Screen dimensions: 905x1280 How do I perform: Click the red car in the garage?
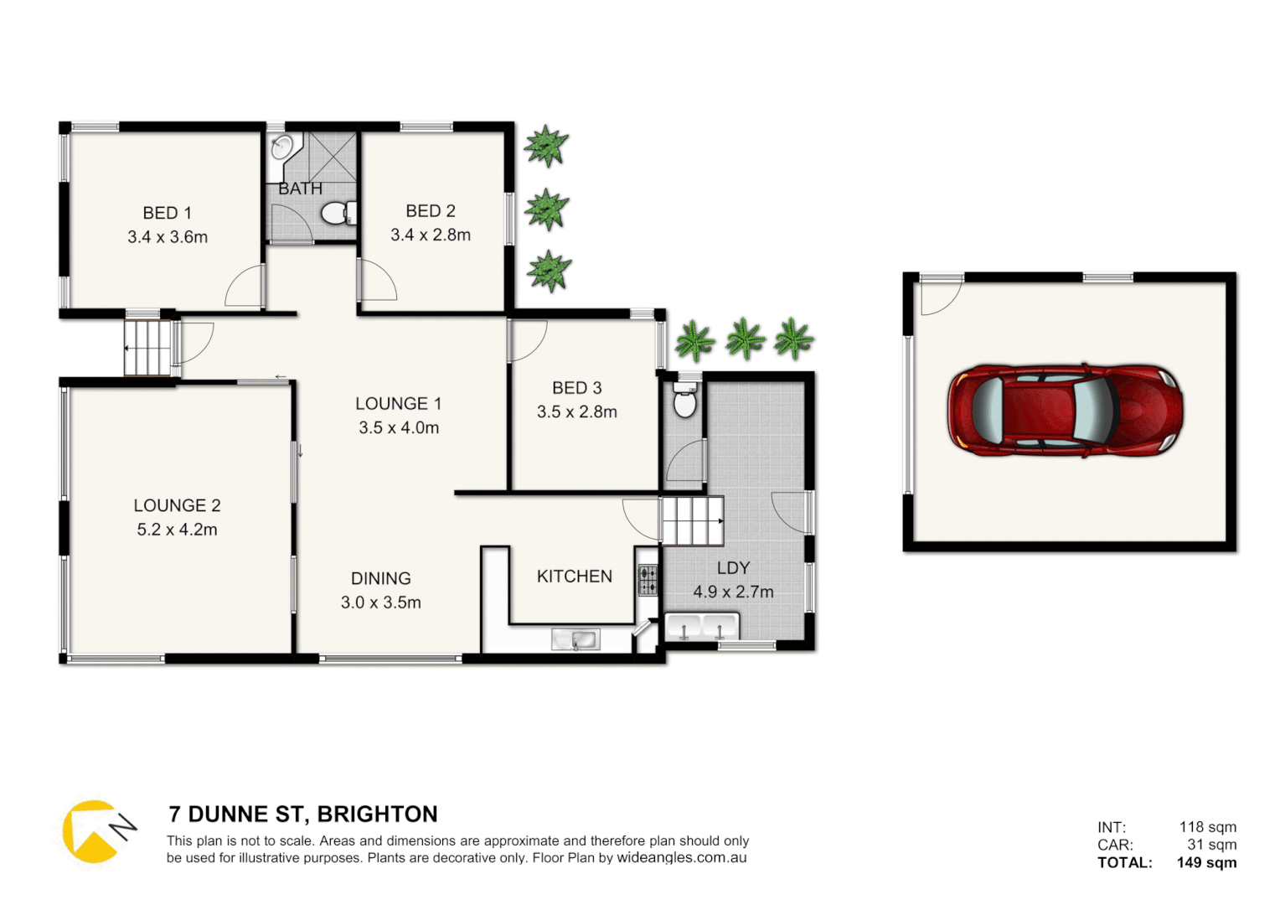point(1066,411)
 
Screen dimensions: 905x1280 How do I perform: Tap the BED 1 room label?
point(167,213)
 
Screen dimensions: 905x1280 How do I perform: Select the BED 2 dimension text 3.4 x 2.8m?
point(431,235)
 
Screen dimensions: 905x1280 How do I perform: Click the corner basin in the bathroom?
point(282,148)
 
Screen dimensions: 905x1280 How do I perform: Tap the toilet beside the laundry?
point(685,401)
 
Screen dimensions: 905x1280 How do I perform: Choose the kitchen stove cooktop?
point(648,580)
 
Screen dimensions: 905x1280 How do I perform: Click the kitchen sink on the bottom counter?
point(576,640)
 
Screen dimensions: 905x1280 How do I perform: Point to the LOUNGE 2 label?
point(177,505)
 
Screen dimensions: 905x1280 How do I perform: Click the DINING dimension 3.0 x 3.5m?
point(381,602)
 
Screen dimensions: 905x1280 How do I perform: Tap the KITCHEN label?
point(575,577)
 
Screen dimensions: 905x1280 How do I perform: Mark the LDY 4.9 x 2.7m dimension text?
point(733,592)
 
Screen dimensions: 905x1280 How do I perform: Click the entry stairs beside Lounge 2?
point(148,347)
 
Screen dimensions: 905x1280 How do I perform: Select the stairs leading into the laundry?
point(692,520)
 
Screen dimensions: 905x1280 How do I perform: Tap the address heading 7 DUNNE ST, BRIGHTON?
point(303,814)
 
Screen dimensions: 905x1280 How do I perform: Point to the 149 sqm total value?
point(1206,862)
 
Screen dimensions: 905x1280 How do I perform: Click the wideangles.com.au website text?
point(682,858)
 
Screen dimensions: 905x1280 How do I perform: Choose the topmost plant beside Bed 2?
point(546,146)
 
